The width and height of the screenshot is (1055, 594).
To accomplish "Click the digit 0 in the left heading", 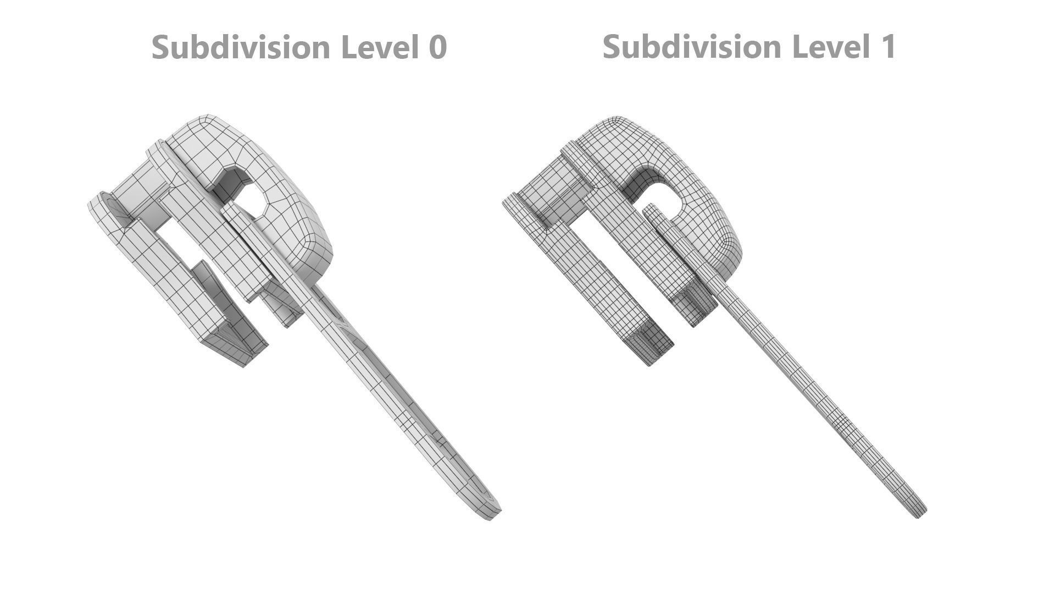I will point(437,47).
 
